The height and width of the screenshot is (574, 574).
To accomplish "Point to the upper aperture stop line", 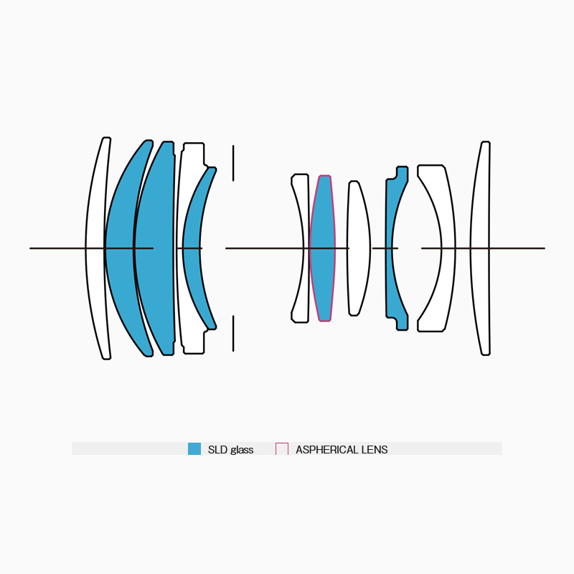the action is pos(233,164).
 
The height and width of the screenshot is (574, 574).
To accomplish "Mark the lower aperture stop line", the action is pos(233,334).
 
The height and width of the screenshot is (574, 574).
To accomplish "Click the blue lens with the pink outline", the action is pos(322,248).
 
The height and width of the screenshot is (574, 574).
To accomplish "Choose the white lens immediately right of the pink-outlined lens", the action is pos(358,248).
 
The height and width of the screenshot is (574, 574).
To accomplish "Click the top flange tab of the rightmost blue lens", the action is pos(403,172).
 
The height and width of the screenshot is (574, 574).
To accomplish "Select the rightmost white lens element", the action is pos(479,248).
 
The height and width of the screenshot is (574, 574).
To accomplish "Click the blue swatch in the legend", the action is pos(194,449).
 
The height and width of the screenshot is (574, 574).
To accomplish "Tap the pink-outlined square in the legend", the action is pos(282,449).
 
